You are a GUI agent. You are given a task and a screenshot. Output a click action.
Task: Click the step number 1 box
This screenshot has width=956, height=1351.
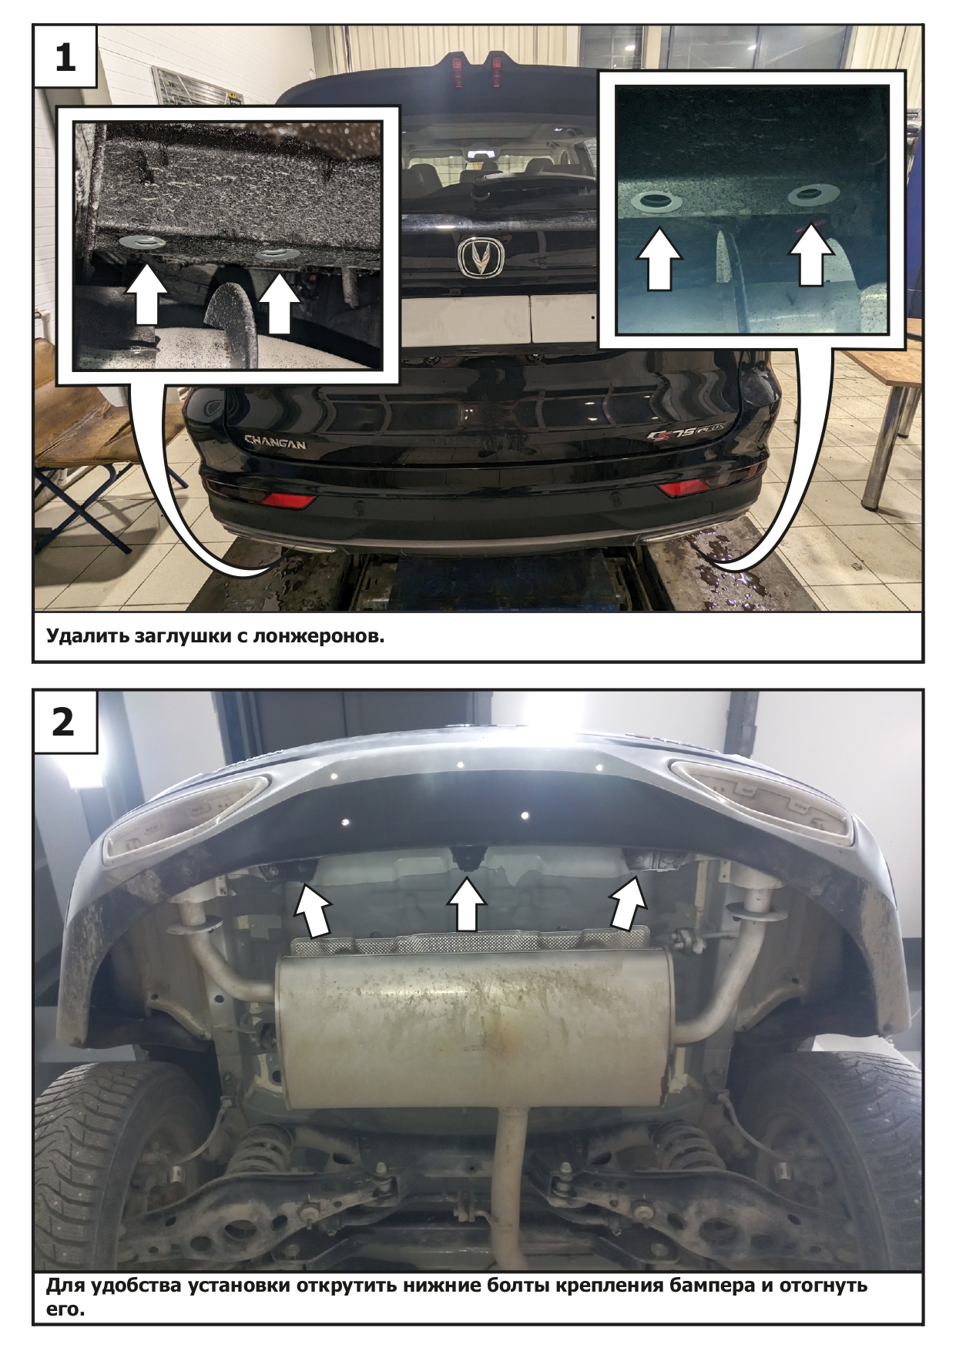[65, 56]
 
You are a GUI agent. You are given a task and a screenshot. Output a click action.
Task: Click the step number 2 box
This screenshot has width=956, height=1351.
[65, 722]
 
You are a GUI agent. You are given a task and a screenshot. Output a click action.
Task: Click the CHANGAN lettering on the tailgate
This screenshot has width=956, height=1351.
[275, 443]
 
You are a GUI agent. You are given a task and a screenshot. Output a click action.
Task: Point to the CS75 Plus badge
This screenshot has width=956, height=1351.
[680, 436]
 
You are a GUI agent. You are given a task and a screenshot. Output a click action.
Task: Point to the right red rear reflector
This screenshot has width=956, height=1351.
[688, 488]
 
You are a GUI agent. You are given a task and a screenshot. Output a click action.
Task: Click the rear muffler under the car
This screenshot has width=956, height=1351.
[474, 1024]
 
